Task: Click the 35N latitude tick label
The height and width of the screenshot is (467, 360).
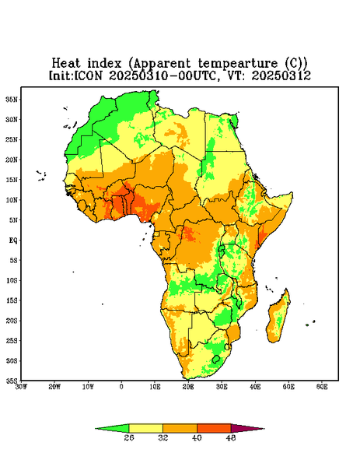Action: pyautogui.click(x=12, y=99)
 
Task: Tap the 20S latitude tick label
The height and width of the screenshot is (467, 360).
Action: pyautogui.click(x=12, y=321)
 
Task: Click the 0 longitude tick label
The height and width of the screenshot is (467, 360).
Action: pyautogui.click(x=121, y=387)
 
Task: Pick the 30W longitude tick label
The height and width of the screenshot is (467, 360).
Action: pyautogui.click(x=21, y=387)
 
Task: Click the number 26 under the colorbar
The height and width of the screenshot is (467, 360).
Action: pyautogui.click(x=129, y=437)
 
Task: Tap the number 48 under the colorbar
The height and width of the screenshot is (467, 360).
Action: pyautogui.click(x=231, y=437)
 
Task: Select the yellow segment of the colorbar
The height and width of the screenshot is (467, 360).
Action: pyautogui.click(x=145, y=428)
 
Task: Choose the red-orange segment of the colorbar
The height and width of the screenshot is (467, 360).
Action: pyautogui.click(x=214, y=428)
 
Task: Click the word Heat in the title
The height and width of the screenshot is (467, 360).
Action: pyautogui.click(x=66, y=63)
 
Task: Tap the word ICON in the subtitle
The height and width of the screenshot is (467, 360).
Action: pyautogui.click(x=88, y=75)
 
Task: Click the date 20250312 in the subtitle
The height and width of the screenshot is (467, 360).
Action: pyautogui.click(x=281, y=75)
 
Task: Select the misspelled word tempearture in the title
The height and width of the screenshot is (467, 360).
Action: pyautogui.click(x=238, y=64)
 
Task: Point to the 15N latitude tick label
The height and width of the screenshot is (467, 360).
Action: pyautogui.click(x=12, y=180)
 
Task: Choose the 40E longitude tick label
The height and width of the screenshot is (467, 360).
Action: pyautogui.click(x=255, y=387)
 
